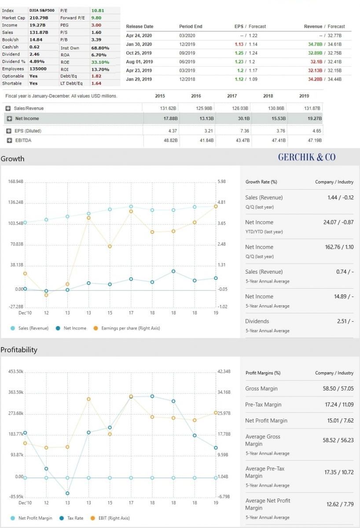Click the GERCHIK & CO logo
coord(306,157)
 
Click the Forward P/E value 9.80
coord(96,18)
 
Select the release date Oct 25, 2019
coord(139,53)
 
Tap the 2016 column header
coord(196,96)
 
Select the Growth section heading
coord(12,159)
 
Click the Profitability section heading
coord(19,350)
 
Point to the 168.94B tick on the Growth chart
coord(15,181)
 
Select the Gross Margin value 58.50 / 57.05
coord(338,389)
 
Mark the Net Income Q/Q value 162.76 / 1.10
coord(339,247)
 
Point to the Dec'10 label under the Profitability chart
coord(25,502)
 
